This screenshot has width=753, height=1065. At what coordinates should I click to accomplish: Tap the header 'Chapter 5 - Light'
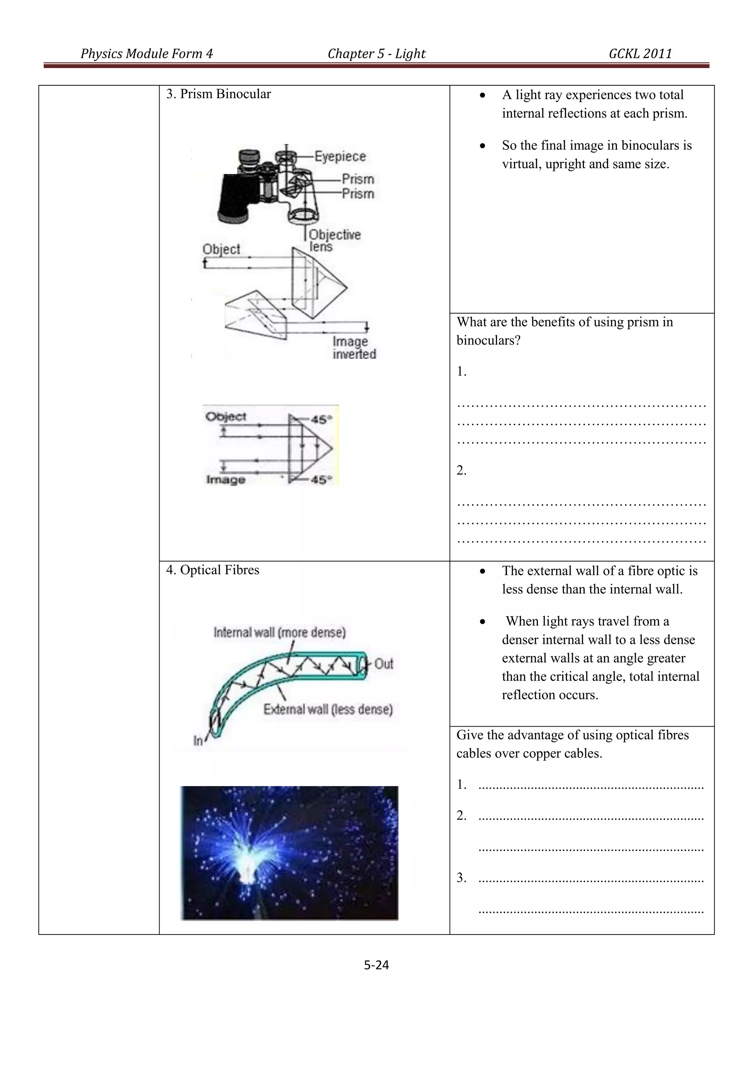(376, 54)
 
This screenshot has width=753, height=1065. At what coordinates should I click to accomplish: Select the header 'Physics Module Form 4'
(147, 54)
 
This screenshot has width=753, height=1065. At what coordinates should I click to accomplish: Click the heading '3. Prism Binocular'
(218, 94)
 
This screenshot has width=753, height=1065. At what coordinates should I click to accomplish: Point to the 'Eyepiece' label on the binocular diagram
(340, 156)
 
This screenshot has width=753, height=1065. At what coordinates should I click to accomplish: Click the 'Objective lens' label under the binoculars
(334, 240)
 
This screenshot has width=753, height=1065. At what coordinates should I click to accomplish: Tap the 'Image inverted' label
(354, 348)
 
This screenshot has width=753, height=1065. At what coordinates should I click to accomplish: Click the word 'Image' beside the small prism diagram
(225, 480)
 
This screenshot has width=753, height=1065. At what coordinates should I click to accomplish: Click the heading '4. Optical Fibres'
(213, 570)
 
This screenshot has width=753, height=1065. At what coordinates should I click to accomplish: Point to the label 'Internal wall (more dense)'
(279, 632)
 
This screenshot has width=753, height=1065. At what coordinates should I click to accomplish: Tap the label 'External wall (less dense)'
(328, 709)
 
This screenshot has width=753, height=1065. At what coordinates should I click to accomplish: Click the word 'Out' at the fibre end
(383, 664)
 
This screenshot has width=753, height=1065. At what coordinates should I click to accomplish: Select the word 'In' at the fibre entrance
(198, 741)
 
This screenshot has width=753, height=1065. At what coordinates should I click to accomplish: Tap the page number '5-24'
(376, 965)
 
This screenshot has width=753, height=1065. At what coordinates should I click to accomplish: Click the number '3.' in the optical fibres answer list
(461, 877)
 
